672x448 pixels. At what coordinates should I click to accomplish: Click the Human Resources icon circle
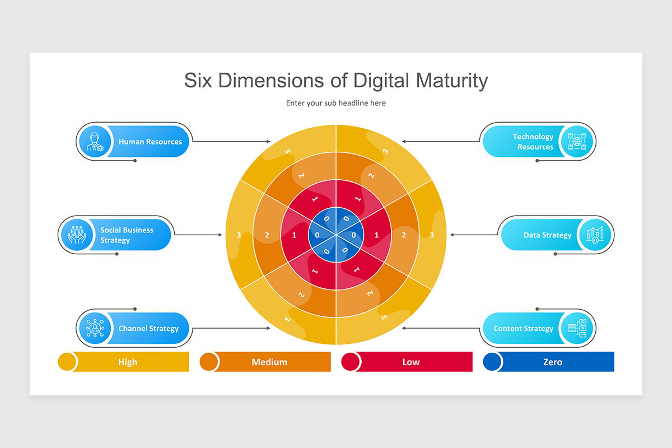click(94, 141)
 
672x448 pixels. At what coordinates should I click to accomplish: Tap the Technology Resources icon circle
click(577, 141)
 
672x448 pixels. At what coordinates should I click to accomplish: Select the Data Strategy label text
click(547, 235)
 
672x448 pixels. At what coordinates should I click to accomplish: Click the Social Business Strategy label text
click(127, 235)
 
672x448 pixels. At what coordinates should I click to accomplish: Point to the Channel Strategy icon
click(94, 328)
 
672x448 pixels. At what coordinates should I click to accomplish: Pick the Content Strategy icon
click(577, 328)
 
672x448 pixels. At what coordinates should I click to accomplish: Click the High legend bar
click(128, 362)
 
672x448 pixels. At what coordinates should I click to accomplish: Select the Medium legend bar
click(269, 362)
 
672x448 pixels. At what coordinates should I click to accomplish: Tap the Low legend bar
click(411, 362)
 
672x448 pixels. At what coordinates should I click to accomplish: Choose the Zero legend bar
click(553, 362)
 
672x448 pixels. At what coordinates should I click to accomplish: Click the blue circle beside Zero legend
click(492, 362)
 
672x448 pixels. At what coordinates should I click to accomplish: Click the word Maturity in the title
click(451, 81)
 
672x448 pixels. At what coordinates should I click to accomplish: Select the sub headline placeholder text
click(335, 103)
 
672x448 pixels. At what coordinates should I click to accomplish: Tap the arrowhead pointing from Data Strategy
click(452, 235)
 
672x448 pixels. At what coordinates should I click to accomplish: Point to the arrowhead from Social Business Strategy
click(220, 235)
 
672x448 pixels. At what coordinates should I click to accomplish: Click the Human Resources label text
click(150, 142)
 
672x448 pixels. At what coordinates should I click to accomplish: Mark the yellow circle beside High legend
click(67, 362)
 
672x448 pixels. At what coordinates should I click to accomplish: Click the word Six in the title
click(199, 81)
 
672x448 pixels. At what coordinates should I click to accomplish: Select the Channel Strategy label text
click(148, 329)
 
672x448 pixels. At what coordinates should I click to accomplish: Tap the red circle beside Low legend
click(351, 362)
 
